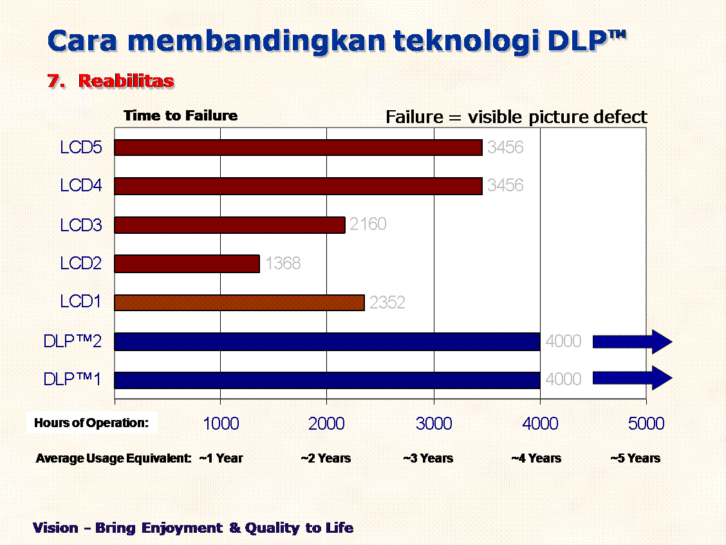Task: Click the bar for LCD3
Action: [230, 225]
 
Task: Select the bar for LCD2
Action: [187, 263]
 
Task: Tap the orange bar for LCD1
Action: [239, 302]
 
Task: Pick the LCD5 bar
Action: [298, 148]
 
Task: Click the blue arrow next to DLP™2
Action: [632, 341]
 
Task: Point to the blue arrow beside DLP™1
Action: [632, 378]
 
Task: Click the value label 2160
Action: [368, 224]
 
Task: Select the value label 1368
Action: [283, 263]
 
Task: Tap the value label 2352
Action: [387, 303]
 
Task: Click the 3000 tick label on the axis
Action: [434, 424]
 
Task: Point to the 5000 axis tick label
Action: [646, 424]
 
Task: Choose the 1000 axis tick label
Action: [221, 424]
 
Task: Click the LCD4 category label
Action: [81, 186]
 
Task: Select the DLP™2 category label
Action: [73, 341]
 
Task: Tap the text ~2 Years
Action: [326, 459]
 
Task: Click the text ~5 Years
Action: [635, 459]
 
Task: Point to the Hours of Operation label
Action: [91, 423]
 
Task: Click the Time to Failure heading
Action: [180, 116]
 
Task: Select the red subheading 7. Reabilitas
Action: [111, 81]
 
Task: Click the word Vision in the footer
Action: [55, 528]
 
